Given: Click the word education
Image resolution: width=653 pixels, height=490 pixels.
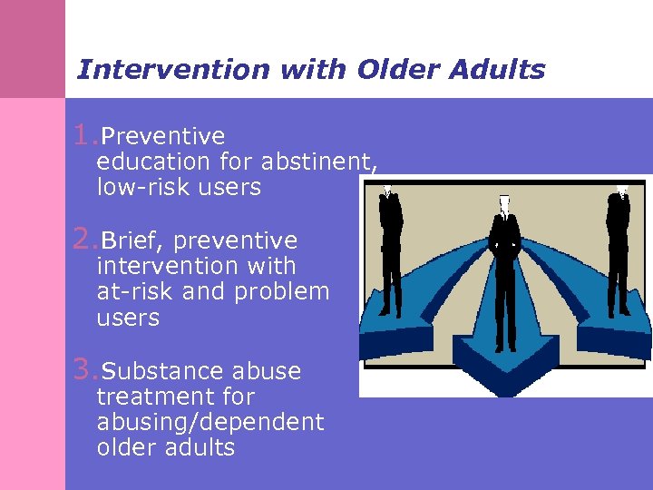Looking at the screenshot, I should (x=154, y=162).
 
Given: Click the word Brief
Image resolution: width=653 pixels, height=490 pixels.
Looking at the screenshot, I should (x=132, y=240).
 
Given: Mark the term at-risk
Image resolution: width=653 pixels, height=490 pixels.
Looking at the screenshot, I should (x=135, y=292).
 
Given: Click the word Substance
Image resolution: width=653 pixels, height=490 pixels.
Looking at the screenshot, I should (x=162, y=371).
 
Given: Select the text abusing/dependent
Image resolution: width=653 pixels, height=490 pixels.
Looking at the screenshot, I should (x=210, y=422).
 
